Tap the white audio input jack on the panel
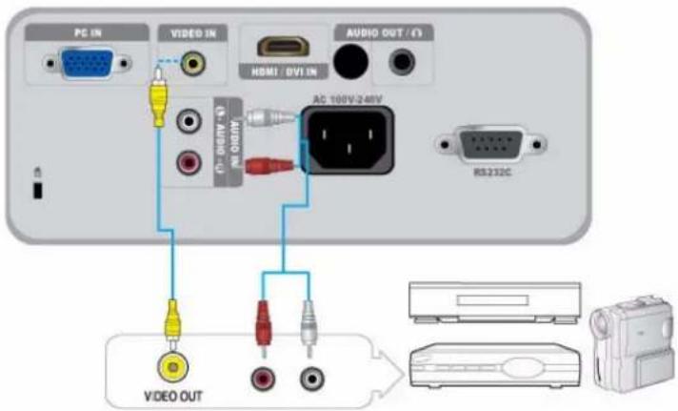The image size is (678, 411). [188, 122]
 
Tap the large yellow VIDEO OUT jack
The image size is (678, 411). [171, 366]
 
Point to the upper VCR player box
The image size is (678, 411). [493, 301]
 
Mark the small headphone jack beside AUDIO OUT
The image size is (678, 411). [401, 63]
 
